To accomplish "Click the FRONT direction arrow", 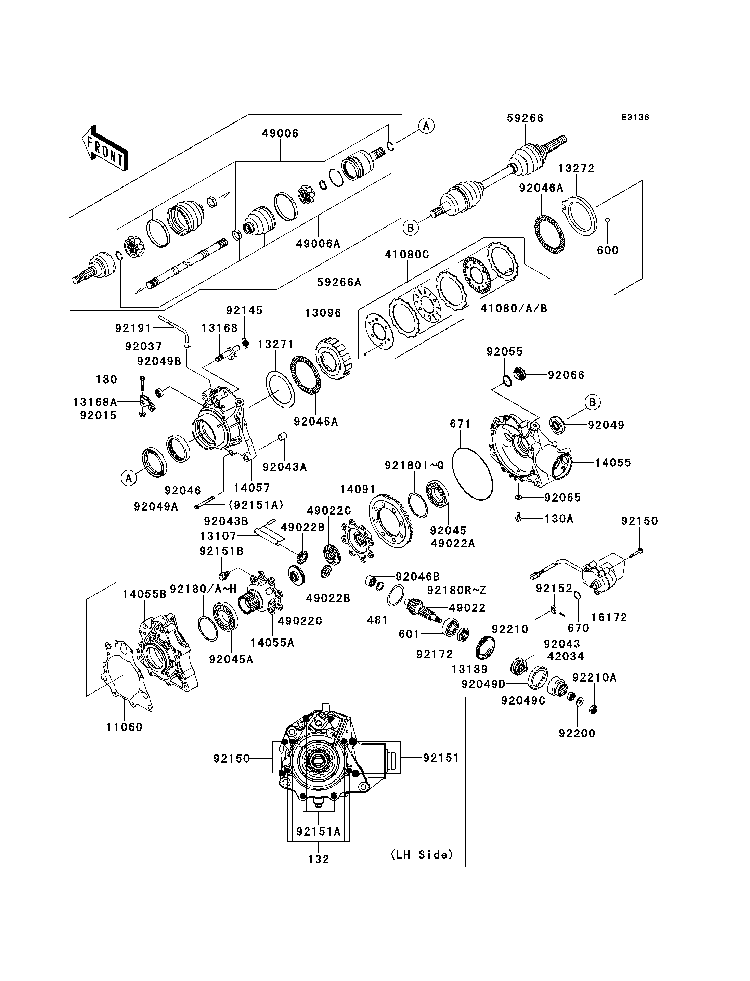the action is click(105, 148).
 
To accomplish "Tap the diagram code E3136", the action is click(635, 117).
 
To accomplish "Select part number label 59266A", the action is click(339, 282).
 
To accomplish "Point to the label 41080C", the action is click(407, 255).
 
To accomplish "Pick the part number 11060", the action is click(124, 727).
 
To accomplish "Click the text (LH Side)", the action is click(422, 855).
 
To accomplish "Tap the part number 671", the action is click(460, 423).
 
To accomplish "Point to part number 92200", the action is click(577, 733).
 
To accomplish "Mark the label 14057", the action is click(252, 488).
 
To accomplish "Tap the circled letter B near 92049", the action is click(592, 402).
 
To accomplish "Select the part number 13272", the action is click(576, 168).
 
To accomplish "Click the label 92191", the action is click(133, 328).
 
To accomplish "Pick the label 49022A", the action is click(453, 543).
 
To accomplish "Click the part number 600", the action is click(608, 250).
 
